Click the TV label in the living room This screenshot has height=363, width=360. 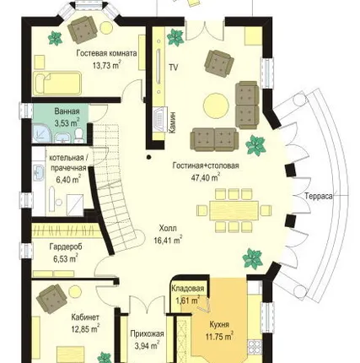tap(174, 68)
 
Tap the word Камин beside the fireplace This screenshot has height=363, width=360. tap(172, 122)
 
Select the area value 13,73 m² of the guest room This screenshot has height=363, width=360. tap(107, 65)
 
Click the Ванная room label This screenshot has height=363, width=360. tap(67, 111)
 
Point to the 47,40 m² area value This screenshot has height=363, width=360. tap(206, 177)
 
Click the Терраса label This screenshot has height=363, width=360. tap(319, 196)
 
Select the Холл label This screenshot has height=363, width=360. tap(168, 228)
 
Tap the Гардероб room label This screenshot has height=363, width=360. tap(66, 247)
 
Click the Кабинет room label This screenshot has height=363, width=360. tap(85, 317)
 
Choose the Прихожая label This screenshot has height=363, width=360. tap(147, 334)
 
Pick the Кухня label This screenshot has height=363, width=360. tap(219, 324)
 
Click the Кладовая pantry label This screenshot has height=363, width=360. tap(187, 289)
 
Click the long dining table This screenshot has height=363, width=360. tap(234, 210)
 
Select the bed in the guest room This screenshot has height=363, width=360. tap(57, 83)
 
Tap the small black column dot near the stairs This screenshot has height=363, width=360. tap(148, 157)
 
